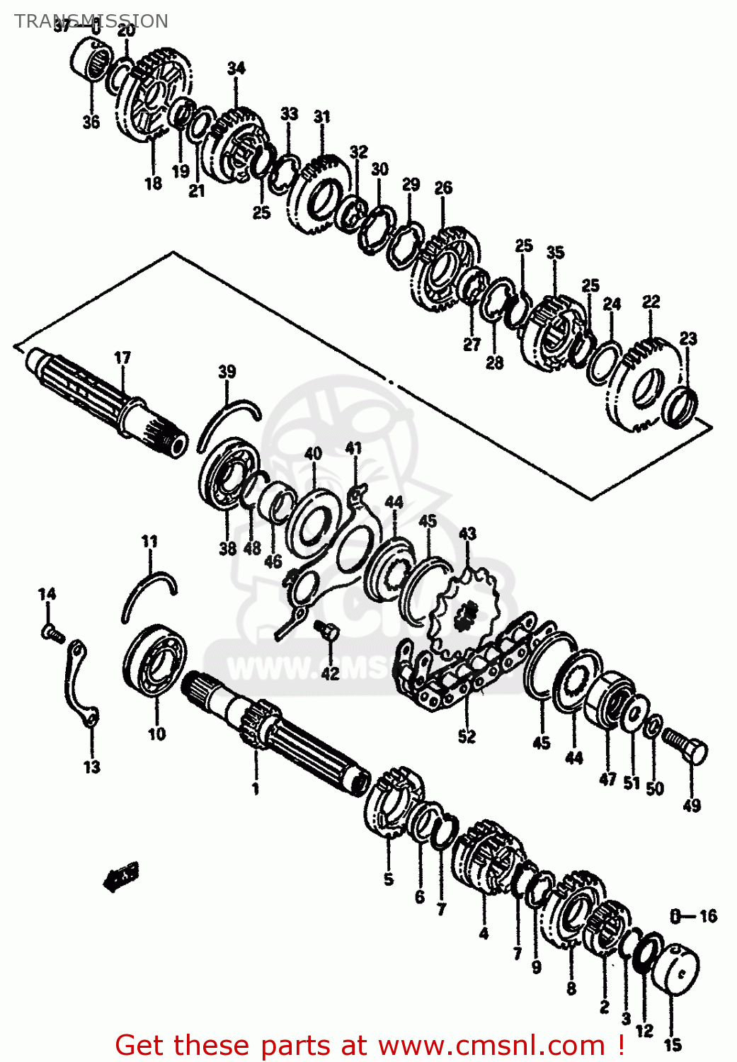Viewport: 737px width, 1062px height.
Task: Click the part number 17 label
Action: pyautogui.click(x=122, y=358)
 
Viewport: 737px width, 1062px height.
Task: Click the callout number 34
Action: pyautogui.click(x=236, y=68)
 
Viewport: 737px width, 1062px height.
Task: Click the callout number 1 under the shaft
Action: pyautogui.click(x=256, y=788)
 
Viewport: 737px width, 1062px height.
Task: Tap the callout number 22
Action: pyautogui.click(x=651, y=302)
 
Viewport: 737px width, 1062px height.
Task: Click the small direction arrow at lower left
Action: pyautogui.click(x=121, y=875)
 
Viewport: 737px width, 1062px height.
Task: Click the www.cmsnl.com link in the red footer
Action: pyautogui.click(x=491, y=1045)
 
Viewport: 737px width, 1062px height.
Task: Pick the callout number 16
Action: pyautogui.click(x=708, y=916)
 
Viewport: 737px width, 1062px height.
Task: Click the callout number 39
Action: pyautogui.click(x=227, y=372)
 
